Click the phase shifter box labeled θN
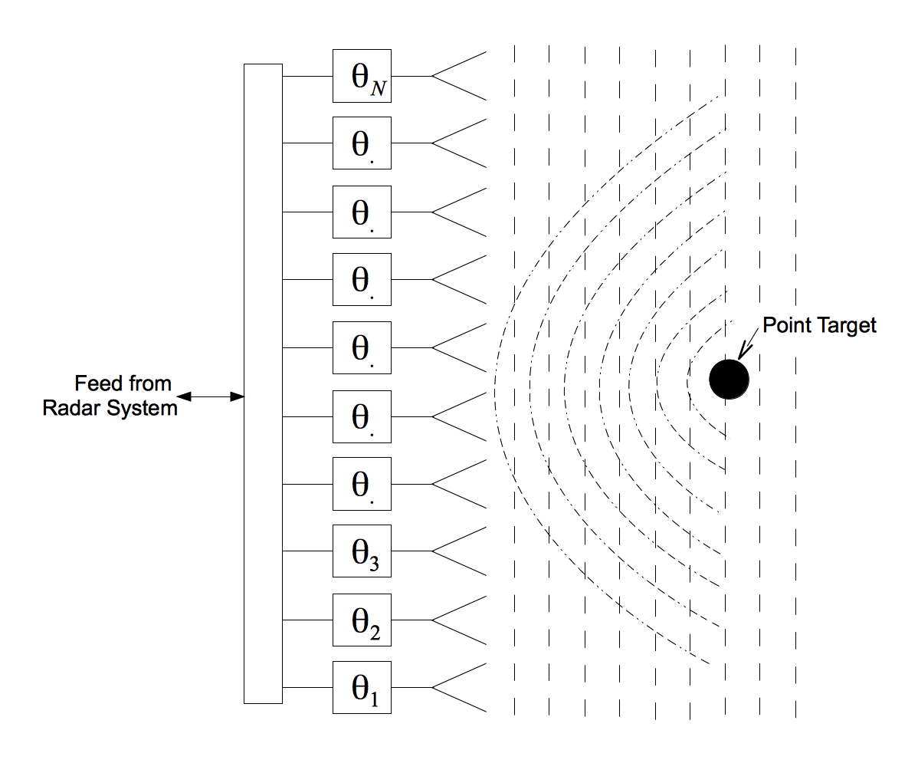[x=362, y=76]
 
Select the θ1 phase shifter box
[x=362, y=688]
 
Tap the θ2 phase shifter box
[x=362, y=620]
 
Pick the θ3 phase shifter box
[x=362, y=551]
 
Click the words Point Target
[x=819, y=325]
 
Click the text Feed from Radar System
[x=111, y=396]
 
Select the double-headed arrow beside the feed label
[x=211, y=396]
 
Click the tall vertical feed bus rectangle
[x=263, y=383]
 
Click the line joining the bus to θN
[x=307, y=76]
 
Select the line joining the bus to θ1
[x=307, y=688]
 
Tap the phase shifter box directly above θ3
[x=362, y=483]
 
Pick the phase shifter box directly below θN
[x=362, y=143]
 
